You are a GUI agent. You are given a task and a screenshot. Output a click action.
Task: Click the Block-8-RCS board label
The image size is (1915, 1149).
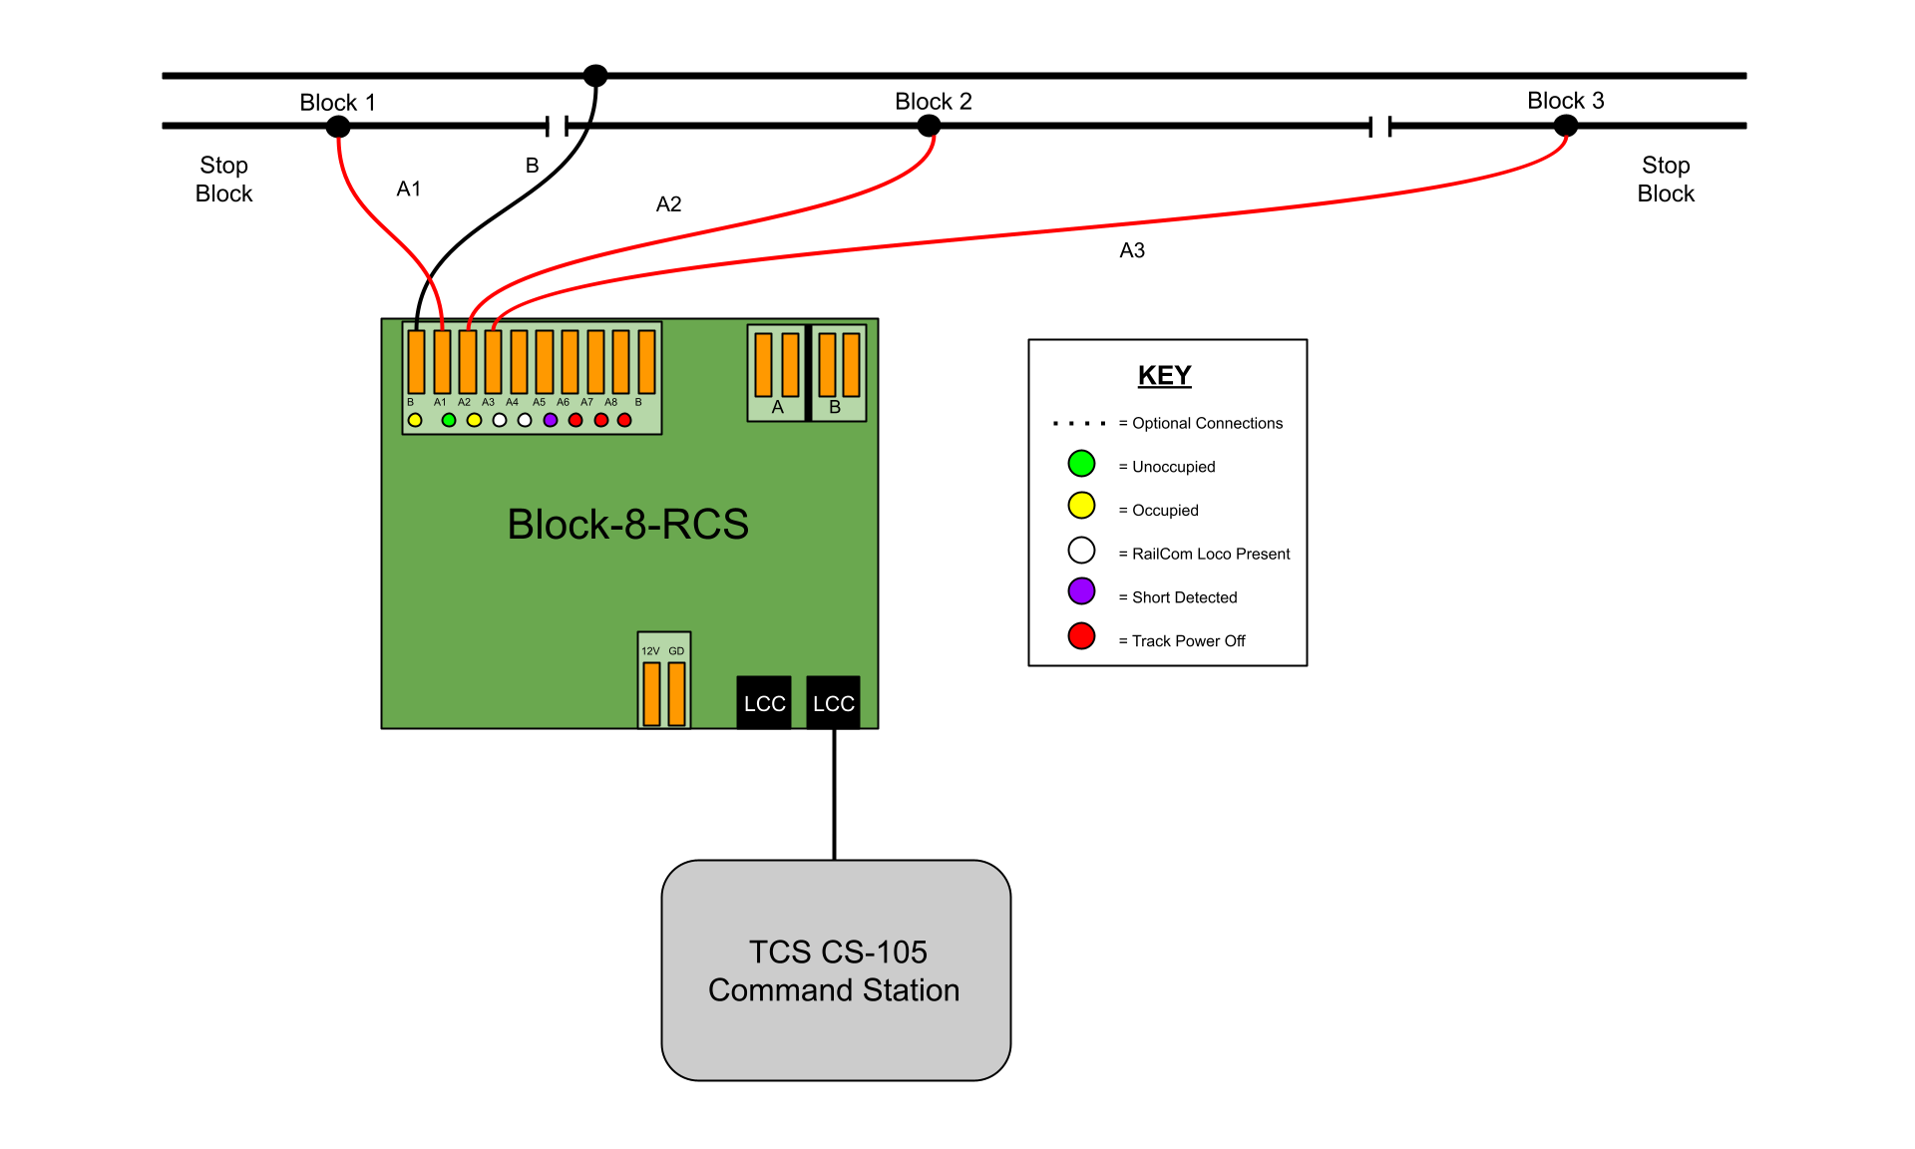click(x=627, y=525)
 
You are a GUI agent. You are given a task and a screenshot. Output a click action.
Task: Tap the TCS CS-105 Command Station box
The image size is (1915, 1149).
click(x=836, y=970)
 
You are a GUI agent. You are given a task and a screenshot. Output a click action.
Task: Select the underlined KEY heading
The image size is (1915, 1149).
click(x=1164, y=375)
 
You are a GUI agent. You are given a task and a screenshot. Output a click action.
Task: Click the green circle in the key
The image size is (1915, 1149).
click(x=1081, y=464)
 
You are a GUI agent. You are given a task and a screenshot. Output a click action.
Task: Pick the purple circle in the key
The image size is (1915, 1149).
click(x=1081, y=591)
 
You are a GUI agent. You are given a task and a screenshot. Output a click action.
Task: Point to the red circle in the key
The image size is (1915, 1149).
click(x=1081, y=636)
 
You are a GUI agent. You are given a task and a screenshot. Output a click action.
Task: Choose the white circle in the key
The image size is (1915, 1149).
click(x=1081, y=551)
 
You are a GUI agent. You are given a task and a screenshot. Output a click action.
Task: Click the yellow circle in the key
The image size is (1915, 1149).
click(x=1081, y=506)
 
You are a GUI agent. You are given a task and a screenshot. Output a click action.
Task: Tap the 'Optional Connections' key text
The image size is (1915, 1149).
click(x=1207, y=423)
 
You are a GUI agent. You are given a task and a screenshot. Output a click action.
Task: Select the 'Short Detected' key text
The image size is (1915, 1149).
click(x=1184, y=597)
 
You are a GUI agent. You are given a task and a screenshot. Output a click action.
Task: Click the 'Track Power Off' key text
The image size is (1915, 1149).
click(x=1188, y=641)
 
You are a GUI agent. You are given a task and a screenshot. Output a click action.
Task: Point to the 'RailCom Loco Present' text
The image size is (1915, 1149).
click(x=1211, y=554)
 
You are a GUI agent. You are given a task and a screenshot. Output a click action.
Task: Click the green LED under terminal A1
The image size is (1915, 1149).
click(x=449, y=420)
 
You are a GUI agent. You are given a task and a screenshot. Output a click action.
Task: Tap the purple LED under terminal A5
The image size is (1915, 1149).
click(x=551, y=420)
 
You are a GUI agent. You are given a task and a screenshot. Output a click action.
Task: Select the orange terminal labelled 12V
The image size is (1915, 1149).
click(x=651, y=693)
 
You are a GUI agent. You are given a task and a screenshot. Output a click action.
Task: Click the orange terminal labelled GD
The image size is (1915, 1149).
click(x=676, y=693)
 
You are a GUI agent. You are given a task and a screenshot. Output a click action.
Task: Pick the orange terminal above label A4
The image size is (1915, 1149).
click(x=519, y=362)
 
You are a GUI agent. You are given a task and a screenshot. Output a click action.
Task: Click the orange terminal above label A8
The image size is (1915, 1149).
click(x=620, y=362)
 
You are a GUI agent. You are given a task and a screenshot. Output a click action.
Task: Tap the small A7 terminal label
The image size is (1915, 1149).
click(x=587, y=402)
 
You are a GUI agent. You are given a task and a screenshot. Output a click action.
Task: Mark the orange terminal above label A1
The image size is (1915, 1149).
click(x=442, y=362)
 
